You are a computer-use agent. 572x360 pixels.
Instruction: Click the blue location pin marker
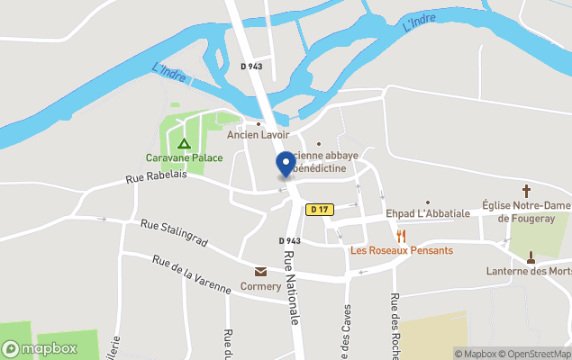[x=286, y=165]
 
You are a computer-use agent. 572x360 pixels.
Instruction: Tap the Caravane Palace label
[x=185, y=157]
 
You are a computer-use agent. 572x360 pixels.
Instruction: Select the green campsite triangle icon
[x=184, y=143]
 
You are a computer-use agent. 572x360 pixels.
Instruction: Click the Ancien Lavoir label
[x=258, y=135]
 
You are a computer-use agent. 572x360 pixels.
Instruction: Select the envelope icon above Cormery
[x=260, y=272]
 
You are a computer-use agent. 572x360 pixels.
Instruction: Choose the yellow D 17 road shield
[x=318, y=210]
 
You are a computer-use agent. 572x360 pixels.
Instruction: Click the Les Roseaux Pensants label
[x=402, y=250]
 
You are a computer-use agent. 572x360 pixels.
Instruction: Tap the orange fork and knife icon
[x=401, y=235]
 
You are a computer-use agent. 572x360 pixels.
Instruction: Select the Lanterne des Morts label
[x=530, y=271]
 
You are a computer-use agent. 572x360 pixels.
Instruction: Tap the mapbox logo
[x=40, y=348]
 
